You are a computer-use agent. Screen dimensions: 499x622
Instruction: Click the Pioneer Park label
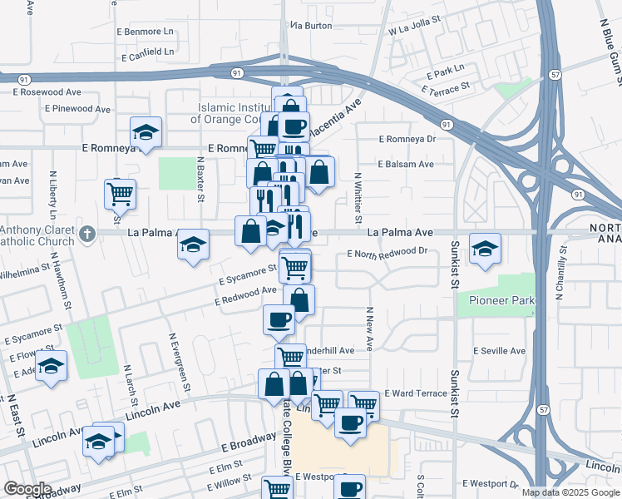coord(495,299)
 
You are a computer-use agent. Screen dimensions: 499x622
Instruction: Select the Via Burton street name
coord(310,26)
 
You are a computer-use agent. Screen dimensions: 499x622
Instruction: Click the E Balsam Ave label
coord(406,165)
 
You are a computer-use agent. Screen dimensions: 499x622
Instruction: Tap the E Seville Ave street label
coord(499,351)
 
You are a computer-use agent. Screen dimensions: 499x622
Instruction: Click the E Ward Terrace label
coord(416,393)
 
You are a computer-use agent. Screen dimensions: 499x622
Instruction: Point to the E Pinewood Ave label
coord(78,109)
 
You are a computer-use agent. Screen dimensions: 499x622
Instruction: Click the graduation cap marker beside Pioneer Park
coord(485,249)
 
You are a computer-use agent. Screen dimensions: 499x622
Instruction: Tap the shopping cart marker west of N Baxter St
coord(121,195)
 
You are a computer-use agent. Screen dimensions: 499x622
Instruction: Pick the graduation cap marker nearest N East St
coord(51,367)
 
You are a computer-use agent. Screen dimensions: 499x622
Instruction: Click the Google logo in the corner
coord(27,489)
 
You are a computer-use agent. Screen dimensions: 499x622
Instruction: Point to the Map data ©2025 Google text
coord(570,492)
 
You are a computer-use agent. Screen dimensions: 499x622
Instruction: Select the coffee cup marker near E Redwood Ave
coord(279,319)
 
